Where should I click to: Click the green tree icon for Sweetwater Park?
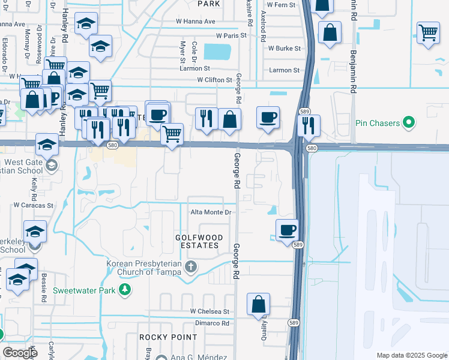click(125, 290)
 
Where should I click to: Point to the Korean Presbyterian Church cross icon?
click(191, 266)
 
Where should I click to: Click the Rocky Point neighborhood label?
click(160, 337)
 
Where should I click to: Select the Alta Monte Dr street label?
click(211, 212)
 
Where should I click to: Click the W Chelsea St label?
click(210, 311)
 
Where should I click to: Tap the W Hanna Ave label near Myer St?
click(195, 21)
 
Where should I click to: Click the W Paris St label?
click(228, 35)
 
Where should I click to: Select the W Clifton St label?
click(214, 80)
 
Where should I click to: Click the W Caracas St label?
click(34, 205)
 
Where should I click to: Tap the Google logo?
click(20, 352)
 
